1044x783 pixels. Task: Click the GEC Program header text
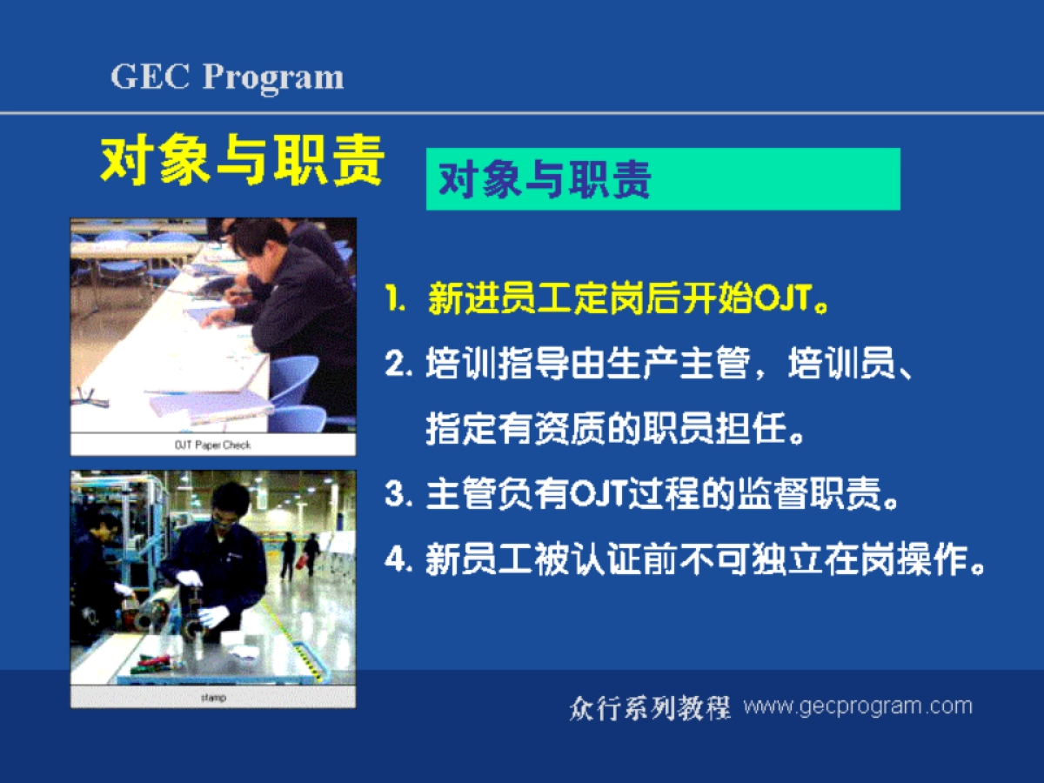(227, 77)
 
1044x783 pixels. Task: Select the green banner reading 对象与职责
(663, 178)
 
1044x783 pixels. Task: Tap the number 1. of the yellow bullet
(395, 299)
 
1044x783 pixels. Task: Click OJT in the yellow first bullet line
(783, 299)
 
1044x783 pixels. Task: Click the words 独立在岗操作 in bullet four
(859, 559)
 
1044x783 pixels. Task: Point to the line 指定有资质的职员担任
(606, 429)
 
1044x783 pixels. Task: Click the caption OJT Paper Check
(212, 445)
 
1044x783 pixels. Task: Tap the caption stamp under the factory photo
(213, 698)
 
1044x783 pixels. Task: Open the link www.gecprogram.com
(858, 706)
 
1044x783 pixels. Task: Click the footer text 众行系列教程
(650, 708)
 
